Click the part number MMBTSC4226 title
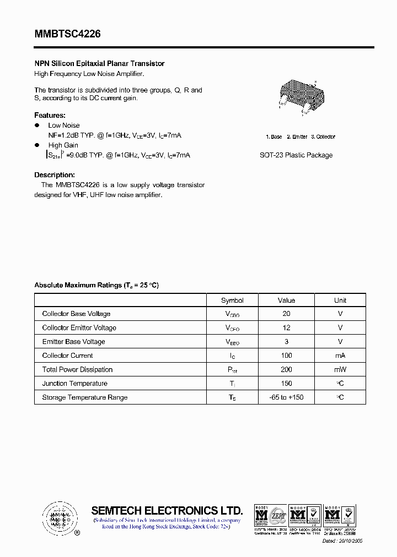67,34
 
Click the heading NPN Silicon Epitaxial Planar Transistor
99,64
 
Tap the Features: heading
50,115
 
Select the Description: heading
54,175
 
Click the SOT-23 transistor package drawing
298,96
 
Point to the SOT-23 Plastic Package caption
296,155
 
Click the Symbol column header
232,301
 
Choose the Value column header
286,301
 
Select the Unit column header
340,301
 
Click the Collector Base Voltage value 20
286,314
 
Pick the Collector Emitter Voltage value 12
286,327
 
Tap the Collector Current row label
67,356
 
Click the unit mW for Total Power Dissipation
340,369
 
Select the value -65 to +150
286,397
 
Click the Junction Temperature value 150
286,384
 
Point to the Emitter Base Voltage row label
73,342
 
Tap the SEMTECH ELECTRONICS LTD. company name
167,510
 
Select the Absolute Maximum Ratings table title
96,285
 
